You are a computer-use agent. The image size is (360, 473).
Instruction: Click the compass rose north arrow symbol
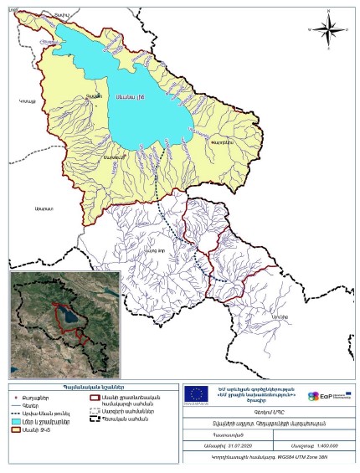327,28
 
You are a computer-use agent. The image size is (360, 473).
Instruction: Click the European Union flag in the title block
197,394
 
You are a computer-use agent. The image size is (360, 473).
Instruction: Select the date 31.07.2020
229,442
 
